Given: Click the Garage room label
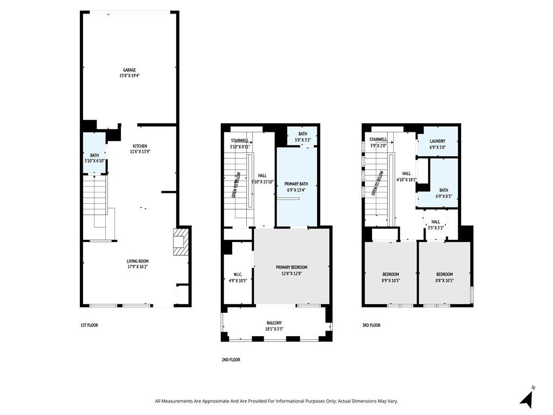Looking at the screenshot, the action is (x=130, y=70).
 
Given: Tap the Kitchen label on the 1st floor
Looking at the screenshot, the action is (x=140, y=146).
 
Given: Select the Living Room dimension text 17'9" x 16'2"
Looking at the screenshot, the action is (x=138, y=267).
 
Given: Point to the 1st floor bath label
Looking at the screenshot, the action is (x=95, y=155).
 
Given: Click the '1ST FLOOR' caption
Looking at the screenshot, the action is (x=89, y=325).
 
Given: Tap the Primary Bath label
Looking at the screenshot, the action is (x=296, y=184).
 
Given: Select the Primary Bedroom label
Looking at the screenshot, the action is (x=292, y=267).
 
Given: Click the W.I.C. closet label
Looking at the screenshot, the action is (x=238, y=275).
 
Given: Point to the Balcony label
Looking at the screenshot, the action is (x=274, y=323).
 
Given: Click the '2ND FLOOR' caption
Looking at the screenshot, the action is (x=231, y=360).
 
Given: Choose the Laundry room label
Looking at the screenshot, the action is (x=437, y=141).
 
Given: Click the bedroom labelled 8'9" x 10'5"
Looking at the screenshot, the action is (x=391, y=275).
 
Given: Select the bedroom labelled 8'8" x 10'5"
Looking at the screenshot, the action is (x=444, y=275).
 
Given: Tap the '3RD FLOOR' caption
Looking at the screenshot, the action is (x=372, y=325).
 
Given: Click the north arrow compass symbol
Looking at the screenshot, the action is (x=527, y=398).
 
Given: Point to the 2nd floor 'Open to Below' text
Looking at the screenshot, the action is (x=236, y=185).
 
